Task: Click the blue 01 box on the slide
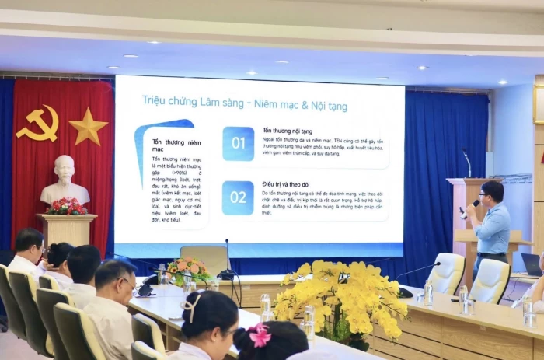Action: tap(238, 144)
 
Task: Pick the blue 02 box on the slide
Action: tap(238, 197)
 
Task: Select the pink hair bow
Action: tap(259, 335)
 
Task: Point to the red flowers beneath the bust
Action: tap(67, 206)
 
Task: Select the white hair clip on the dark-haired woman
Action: tap(191, 309)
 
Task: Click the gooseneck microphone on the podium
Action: tap(467, 163)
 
